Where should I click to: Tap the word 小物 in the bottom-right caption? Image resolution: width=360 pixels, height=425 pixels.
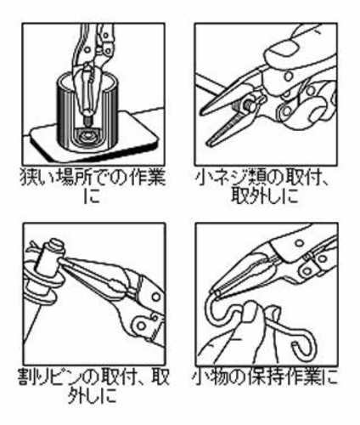pos(210,377)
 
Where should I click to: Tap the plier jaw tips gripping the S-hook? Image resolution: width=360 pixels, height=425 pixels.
pos(216,293)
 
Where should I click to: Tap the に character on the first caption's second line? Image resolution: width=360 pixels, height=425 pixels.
pos(93,196)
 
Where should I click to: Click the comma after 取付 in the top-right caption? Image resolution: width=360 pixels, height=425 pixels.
pos(325,184)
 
